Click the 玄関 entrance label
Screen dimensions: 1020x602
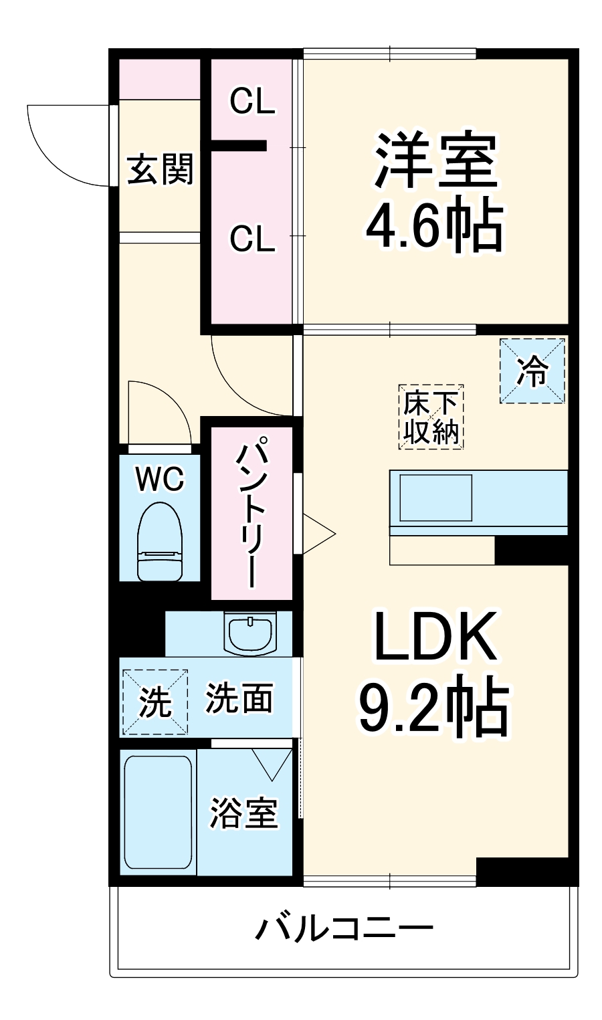click(x=161, y=169)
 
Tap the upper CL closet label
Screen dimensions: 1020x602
click(x=252, y=102)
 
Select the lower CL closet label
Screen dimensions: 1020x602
click(x=252, y=239)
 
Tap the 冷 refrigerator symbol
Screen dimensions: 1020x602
click(x=532, y=371)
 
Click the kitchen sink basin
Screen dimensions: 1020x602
click(x=436, y=497)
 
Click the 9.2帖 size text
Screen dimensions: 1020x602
click(x=433, y=706)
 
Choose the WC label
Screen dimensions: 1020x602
click(x=159, y=478)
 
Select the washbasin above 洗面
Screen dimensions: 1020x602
click(x=250, y=633)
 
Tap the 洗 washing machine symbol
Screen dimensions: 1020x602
click(x=155, y=702)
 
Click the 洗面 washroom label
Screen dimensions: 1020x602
click(x=239, y=698)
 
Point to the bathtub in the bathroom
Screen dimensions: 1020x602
click(x=158, y=812)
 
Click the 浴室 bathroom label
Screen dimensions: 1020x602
click(x=243, y=813)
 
